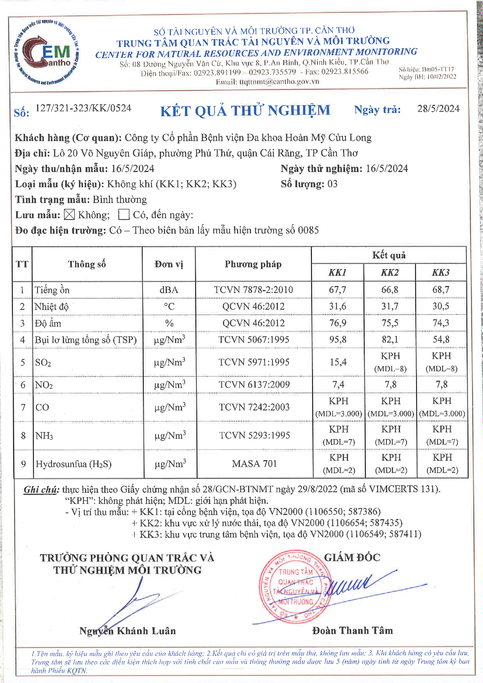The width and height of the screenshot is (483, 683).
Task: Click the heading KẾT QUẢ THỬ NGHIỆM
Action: pyautogui.click(x=245, y=111)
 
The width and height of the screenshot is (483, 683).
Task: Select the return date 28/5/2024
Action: pyautogui.click(x=438, y=109)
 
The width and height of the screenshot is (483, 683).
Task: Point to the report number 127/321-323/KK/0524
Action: pyautogui.click(x=83, y=108)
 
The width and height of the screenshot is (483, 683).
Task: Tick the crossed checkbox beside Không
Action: pyautogui.click(x=69, y=214)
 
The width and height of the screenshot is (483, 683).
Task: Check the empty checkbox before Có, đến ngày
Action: pyautogui.click(x=124, y=214)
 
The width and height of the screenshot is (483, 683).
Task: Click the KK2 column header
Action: pyautogui.click(x=389, y=273)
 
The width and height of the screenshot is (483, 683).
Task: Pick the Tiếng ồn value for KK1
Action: pyautogui.click(x=337, y=290)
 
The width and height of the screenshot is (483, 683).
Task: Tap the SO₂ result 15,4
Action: pyautogui.click(x=338, y=362)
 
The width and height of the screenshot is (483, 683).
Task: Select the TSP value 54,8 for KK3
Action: pyautogui.click(x=441, y=339)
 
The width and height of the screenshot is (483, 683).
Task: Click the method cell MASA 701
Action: pyautogui.click(x=254, y=463)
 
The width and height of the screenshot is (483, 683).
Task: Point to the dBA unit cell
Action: pyautogui.click(x=169, y=290)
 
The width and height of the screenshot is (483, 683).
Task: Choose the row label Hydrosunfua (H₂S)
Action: pyautogui.click(x=74, y=464)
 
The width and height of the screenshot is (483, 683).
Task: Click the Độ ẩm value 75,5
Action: pyautogui.click(x=390, y=323)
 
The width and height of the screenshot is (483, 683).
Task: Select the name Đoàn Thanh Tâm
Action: pyautogui.click(x=352, y=630)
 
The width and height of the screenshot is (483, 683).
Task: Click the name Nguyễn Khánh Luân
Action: pyautogui.click(x=127, y=631)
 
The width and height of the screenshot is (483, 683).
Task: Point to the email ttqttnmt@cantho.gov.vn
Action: pyautogui.click(x=279, y=82)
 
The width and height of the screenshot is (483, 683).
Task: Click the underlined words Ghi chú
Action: pyautogui.click(x=41, y=490)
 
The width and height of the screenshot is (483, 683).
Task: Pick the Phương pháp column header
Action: pyautogui.click(x=253, y=264)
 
